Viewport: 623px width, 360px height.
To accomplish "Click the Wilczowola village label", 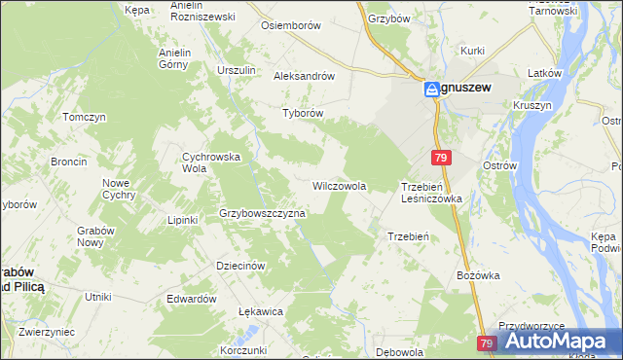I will (x=339, y=185).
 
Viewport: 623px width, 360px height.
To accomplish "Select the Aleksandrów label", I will (x=305, y=76).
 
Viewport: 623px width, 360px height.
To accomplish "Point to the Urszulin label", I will (x=237, y=70).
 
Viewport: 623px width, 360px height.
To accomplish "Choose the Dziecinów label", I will (x=240, y=266).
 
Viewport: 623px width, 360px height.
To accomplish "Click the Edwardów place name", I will (x=191, y=299).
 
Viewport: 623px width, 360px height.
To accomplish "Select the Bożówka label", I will (x=478, y=275).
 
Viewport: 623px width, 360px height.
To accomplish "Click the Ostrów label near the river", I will (x=499, y=166).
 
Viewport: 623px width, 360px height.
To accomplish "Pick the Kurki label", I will (x=473, y=49).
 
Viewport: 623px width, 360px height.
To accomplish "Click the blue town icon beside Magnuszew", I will (x=430, y=89).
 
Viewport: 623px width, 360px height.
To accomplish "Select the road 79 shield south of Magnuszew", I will (x=442, y=158).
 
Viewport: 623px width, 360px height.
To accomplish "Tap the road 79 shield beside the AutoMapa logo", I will (x=488, y=343).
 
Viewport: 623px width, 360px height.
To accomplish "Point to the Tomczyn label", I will (x=84, y=117).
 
